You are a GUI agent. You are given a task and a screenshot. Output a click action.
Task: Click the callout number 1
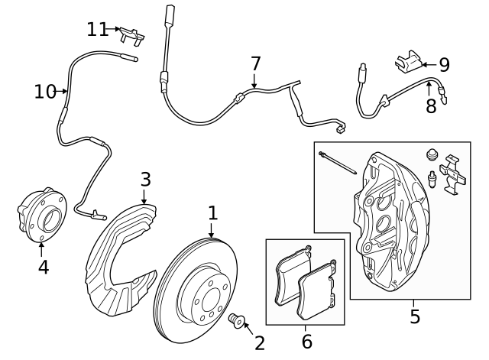pyautogui.click(x=212, y=212)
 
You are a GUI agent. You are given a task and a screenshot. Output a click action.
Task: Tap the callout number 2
pyautogui.click(x=260, y=342)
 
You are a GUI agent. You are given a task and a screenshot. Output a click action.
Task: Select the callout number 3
pyautogui.click(x=145, y=180)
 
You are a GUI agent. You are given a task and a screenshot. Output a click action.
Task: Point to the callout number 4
pyautogui.click(x=43, y=266)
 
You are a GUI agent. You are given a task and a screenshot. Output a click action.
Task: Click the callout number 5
pyautogui.click(x=415, y=316)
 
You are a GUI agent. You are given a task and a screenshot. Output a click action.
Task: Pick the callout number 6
pyautogui.click(x=306, y=341)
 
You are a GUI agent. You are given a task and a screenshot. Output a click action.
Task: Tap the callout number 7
pyautogui.click(x=255, y=63)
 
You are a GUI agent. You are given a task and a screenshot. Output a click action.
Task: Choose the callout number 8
pyautogui.click(x=431, y=106)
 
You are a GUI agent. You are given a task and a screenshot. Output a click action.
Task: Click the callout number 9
pyautogui.click(x=443, y=65)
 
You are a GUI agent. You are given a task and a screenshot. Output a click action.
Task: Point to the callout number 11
pyautogui.click(x=97, y=29)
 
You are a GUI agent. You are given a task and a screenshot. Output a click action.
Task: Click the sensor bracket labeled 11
pyautogui.click(x=133, y=34)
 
